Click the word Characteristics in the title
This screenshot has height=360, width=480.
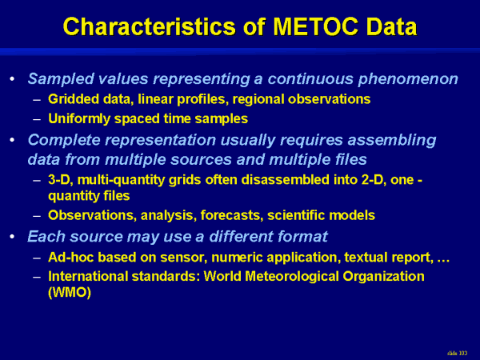150,26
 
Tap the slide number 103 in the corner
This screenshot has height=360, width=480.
461,353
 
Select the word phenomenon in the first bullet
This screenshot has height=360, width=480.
408,79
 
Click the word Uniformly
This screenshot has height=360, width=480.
79,118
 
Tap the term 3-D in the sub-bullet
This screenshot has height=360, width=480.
59,180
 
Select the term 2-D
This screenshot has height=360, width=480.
373,180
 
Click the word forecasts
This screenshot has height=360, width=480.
232,215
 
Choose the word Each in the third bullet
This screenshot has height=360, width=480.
46,236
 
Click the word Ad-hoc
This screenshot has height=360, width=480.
70,257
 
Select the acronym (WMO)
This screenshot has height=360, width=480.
70,292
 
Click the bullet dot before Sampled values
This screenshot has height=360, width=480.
12,78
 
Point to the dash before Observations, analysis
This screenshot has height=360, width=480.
37,216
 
